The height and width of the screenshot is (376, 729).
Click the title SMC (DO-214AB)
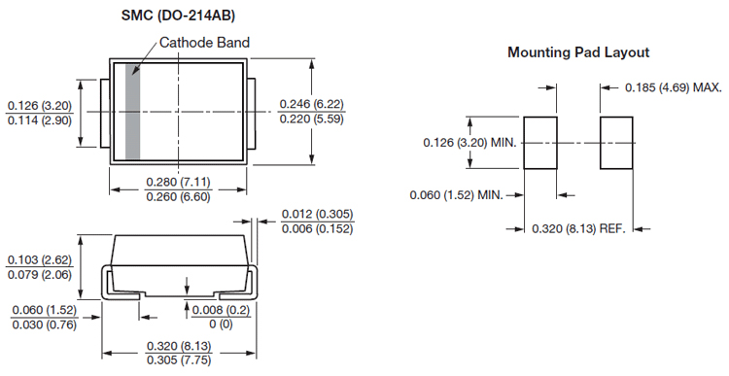(x=178, y=16)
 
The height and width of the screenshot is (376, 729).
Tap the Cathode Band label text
(x=204, y=43)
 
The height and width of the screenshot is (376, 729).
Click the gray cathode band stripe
(x=132, y=112)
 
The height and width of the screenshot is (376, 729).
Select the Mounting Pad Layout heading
(x=578, y=52)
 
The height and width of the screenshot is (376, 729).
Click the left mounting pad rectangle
(x=540, y=143)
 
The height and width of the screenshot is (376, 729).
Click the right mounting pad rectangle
(x=616, y=143)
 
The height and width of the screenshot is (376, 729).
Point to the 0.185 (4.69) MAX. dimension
(x=674, y=87)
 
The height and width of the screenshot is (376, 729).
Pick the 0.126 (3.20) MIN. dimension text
(x=470, y=142)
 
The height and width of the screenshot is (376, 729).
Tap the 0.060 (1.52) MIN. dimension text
(x=457, y=194)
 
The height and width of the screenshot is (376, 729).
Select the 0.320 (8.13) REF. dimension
(x=579, y=228)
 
